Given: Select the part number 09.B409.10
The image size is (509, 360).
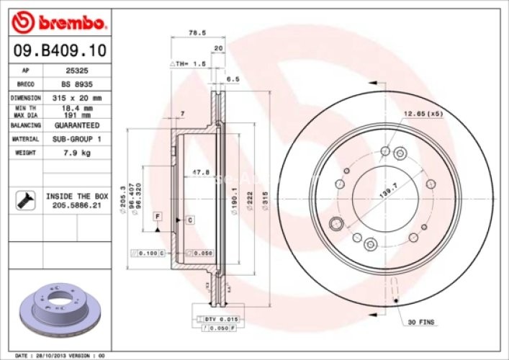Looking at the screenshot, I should point(60,50).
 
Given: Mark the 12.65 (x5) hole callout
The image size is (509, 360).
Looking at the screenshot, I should point(423,114).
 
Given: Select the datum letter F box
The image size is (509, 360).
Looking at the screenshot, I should point(157,216).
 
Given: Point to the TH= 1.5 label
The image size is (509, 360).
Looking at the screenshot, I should point(188,63).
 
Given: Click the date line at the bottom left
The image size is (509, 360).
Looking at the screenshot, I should point(60,355).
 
